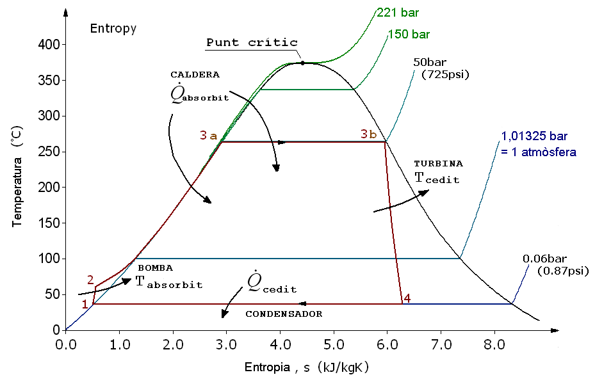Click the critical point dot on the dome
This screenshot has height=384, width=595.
pos(303,63)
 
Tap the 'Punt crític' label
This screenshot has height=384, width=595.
pos(252,43)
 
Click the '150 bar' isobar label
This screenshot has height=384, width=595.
pos(409,34)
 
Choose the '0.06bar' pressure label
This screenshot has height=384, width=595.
pos(544,259)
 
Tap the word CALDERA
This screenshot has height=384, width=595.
pos(195,74)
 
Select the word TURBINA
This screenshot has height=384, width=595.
pos(438,164)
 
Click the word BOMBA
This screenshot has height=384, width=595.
pos(156,268)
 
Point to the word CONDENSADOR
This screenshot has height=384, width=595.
pos(284,314)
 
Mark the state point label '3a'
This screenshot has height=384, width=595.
pos(208,135)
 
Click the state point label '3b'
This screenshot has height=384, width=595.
pos(368,134)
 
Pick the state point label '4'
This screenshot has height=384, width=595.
pos(407,298)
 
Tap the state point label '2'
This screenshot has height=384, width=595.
pos(90,280)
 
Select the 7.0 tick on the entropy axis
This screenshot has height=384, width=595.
pos(440,344)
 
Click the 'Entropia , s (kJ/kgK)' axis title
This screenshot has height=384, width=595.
pos(307,368)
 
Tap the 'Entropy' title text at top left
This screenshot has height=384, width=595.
pos(113,28)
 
